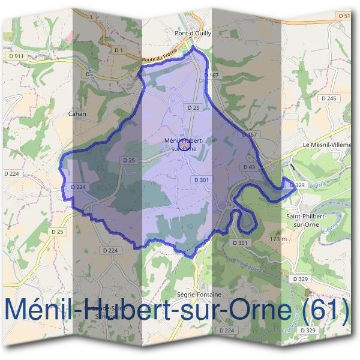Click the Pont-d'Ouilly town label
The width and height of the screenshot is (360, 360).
pyautogui.click(x=193, y=34)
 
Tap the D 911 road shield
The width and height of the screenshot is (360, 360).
pyautogui.click(x=16, y=56)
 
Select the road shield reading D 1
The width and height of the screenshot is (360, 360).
pyautogui.click(x=118, y=49)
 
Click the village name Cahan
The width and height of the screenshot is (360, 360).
pyautogui.click(x=77, y=113)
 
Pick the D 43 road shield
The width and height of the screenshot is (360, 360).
pyautogui.click(x=250, y=166)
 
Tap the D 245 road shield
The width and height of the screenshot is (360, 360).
pyautogui.click(x=328, y=98)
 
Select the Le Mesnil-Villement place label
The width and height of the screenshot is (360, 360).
pyautogui.click(x=328, y=145)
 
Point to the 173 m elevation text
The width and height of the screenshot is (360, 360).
pyautogui.click(x=277, y=238)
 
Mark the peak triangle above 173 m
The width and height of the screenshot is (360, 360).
pyautogui.click(x=277, y=231)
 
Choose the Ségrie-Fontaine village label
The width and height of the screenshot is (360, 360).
pyautogui.click(x=200, y=295)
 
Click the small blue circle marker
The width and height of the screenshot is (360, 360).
pyautogui.click(x=185, y=145)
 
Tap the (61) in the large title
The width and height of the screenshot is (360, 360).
pyautogui.click(x=325, y=311)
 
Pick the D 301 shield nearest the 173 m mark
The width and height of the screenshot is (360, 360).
pyautogui.click(x=239, y=242)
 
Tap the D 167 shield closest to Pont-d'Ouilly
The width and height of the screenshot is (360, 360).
pyautogui.click(x=211, y=76)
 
